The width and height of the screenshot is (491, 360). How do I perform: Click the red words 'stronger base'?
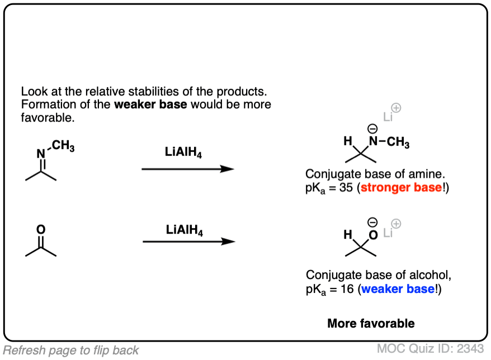[x=401, y=188]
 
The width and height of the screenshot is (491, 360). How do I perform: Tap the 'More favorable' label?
[x=371, y=323]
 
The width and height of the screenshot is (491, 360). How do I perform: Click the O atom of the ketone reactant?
[x=40, y=229]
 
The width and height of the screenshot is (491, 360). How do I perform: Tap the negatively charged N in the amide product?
[x=372, y=143]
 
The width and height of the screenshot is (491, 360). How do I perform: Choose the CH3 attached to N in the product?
[x=398, y=143]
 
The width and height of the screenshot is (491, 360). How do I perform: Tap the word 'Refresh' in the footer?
[x=22, y=350]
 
